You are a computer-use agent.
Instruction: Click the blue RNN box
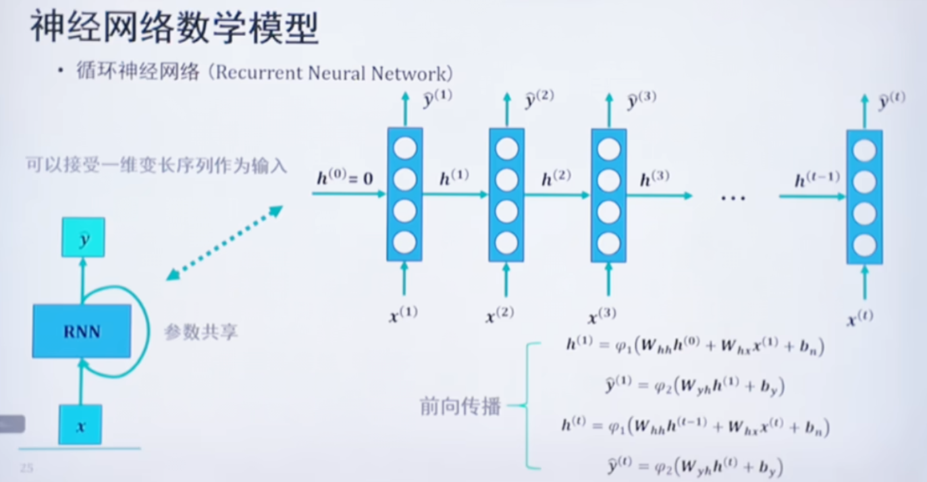[x=82, y=331]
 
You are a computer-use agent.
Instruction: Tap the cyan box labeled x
[x=80, y=425]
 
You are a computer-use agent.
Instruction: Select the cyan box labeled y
[x=83, y=238]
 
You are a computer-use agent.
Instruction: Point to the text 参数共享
[x=201, y=332]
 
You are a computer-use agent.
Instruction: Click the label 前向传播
[x=460, y=406]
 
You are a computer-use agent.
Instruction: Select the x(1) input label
[x=404, y=315]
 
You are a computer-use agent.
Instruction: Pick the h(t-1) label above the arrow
[x=817, y=179]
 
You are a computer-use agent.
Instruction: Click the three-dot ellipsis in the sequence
[x=733, y=198]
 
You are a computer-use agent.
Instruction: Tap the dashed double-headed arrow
[x=224, y=242]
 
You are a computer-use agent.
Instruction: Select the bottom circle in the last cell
[x=864, y=246]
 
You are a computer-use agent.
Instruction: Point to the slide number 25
[x=26, y=468]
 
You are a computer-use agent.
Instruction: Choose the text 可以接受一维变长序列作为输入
[x=157, y=165]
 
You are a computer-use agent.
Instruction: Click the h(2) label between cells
[x=556, y=178]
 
